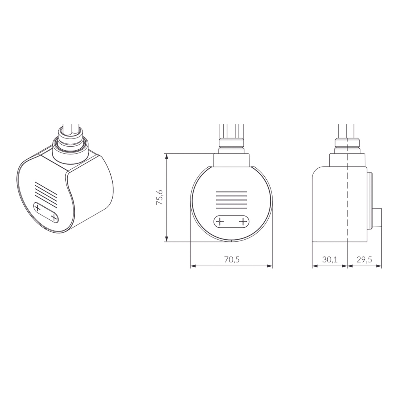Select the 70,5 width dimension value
231,260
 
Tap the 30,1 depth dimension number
330,260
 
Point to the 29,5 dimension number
364,260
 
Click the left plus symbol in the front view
219,222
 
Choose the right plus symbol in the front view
243,222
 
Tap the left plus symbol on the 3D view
38,208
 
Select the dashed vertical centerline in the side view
347,203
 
